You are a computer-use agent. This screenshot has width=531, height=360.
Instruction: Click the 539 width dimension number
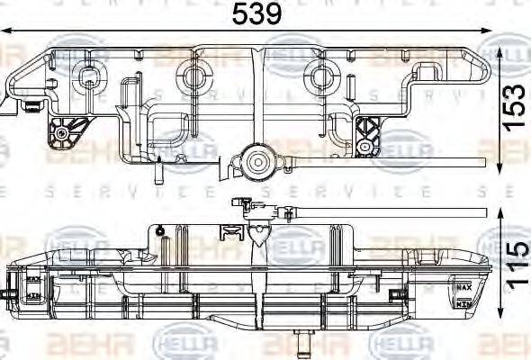tap(257, 14)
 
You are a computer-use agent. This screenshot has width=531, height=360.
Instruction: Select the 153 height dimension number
tap(514, 108)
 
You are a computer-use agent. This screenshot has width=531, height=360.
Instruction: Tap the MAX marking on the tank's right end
tap(463, 287)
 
